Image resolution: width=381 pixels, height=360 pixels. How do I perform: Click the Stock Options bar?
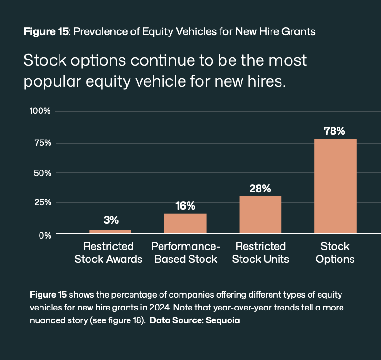(335, 186)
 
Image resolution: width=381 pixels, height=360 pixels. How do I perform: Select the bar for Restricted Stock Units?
(260, 214)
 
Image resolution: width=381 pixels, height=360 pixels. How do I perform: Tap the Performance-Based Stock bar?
(185, 223)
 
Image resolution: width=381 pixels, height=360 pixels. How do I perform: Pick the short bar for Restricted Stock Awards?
(110, 231)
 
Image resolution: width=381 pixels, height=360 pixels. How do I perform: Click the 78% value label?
(334, 131)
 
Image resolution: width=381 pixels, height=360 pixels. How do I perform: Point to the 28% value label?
(260, 189)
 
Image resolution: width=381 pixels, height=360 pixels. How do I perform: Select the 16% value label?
(185, 206)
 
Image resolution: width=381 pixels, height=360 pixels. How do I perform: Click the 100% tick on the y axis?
(40, 111)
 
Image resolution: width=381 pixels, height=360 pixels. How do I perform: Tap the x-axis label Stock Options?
(335, 253)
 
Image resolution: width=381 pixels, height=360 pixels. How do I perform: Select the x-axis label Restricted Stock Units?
(261, 253)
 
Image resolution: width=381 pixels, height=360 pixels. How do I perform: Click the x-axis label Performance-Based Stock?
(185, 253)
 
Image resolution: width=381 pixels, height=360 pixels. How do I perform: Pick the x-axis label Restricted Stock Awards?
(109, 253)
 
